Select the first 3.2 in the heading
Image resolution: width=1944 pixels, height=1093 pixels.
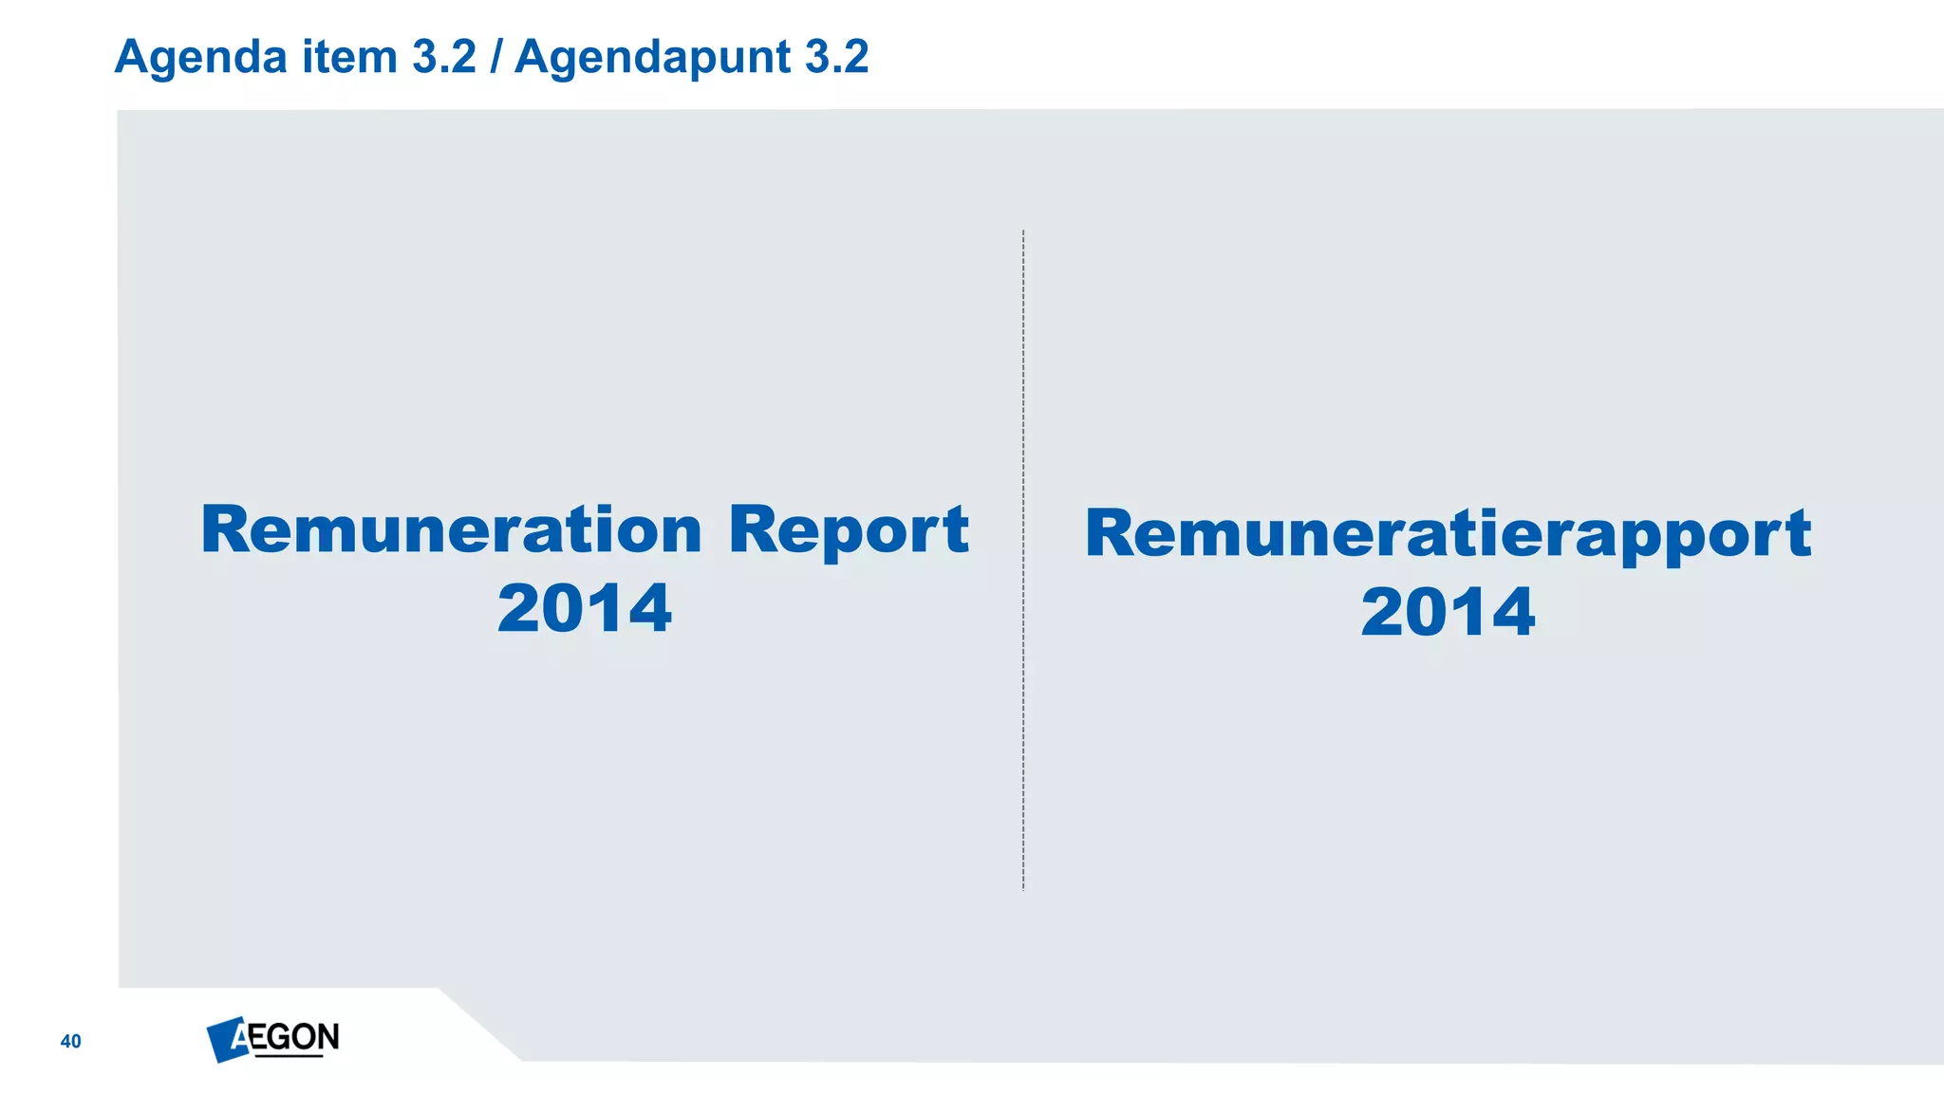pyautogui.click(x=444, y=57)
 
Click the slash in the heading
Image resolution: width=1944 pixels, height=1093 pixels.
pyautogui.click(x=495, y=57)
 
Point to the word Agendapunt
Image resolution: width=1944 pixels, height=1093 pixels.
pyautogui.click(x=652, y=57)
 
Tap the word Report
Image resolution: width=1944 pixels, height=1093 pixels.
pyautogui.click(x=849, y=531)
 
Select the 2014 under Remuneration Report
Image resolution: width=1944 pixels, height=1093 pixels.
pyautogui.click(x=585, y=608)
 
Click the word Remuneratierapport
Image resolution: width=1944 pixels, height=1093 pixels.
pyautogui.click(x=1448, y=533)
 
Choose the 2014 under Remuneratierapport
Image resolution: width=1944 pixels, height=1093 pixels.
pyautogui.click(x=1448, y=612)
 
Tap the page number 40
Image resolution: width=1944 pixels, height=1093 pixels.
pyautogui.click(x=71, y=1042)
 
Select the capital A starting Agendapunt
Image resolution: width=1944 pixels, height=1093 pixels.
pyautogui.click(x=533, y=57)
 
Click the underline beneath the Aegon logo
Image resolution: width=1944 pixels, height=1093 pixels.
pyautogui.click(x=289, y=1055)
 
